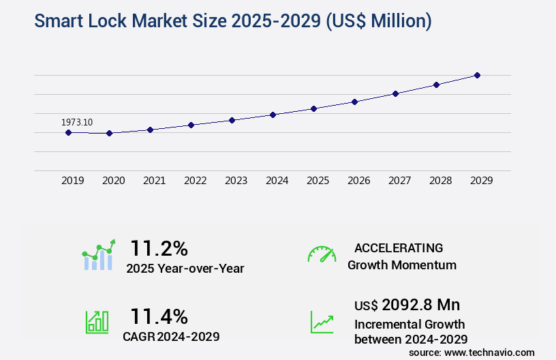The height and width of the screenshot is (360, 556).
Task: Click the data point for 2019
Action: tap(68, 132)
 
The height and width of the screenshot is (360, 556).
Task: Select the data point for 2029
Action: tap(477, 75)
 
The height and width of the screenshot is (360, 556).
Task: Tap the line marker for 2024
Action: tap(273, 115)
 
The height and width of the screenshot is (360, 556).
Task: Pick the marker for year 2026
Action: tap(354, 102)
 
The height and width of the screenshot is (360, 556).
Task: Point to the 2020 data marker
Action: tap(109, 133)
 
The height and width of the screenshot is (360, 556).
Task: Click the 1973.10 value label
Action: tap(77, 122)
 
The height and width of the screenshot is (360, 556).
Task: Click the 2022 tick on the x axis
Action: tap(195, 181)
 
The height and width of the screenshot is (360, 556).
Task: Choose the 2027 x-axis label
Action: tap(399, 181)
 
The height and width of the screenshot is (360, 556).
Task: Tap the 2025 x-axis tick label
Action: tap(318, 181)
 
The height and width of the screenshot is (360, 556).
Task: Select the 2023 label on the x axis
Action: tap(236, 181)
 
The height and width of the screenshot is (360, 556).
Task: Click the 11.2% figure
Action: tap(159, 247)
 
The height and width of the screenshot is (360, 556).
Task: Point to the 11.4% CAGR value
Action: tap(159, 316)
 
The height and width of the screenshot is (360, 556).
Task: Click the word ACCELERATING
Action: tap(399, 247)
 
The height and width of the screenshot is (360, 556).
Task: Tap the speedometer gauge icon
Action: tap(322, 254)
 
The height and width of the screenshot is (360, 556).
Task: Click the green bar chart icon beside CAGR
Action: tap(97, 321)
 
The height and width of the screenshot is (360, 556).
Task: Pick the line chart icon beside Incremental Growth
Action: tap(322, 321)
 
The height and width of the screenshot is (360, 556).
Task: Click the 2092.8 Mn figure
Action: tap(416, 305)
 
